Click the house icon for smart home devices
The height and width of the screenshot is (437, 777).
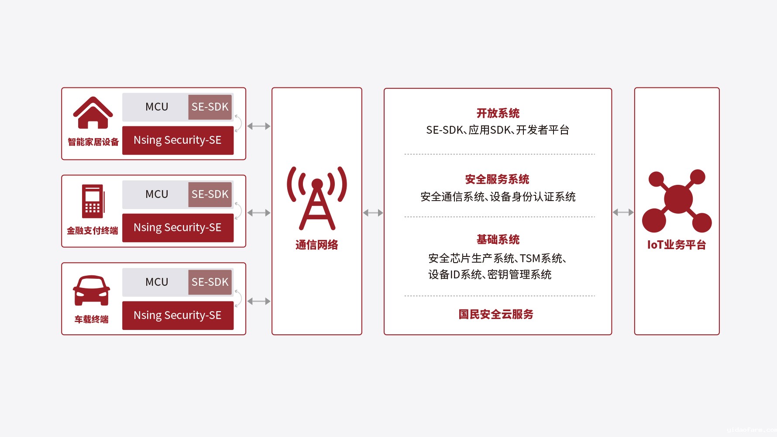93,113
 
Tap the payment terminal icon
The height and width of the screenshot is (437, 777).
93,201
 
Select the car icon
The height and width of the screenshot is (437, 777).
91,291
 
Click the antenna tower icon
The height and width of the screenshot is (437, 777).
317,198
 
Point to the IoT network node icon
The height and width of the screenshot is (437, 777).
677,201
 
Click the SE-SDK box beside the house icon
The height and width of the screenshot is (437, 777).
210,107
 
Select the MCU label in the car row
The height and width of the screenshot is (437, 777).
157,282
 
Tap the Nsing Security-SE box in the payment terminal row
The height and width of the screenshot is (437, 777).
178,228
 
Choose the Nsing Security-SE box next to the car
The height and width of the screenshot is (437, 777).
178,316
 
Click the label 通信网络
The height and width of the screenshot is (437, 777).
317,245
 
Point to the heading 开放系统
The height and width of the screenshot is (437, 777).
498,114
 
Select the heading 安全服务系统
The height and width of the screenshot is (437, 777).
497,179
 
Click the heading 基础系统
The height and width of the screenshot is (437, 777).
498,239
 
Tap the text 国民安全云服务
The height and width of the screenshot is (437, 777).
496,314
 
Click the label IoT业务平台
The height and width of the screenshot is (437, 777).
677,245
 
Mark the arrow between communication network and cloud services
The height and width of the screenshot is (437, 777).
373,213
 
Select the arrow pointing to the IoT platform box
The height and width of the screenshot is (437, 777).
623,212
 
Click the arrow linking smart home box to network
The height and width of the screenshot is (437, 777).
259,126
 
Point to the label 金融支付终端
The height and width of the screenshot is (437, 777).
93,231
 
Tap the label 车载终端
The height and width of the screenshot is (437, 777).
91,319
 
